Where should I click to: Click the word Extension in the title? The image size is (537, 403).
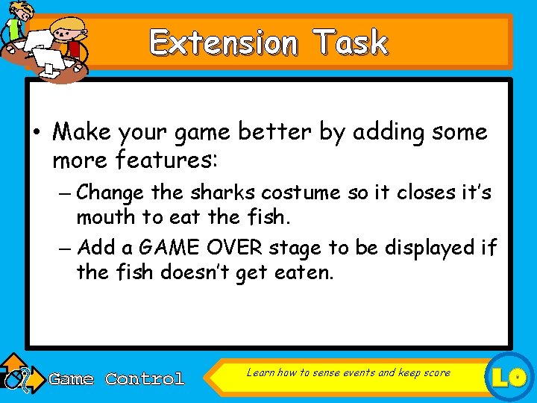(223, 43)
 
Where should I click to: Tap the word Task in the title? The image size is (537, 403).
(351, 43)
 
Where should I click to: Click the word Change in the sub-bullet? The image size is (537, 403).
(110, 193)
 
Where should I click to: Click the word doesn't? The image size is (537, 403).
(210, 272)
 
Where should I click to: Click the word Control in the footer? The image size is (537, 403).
(145, 379)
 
